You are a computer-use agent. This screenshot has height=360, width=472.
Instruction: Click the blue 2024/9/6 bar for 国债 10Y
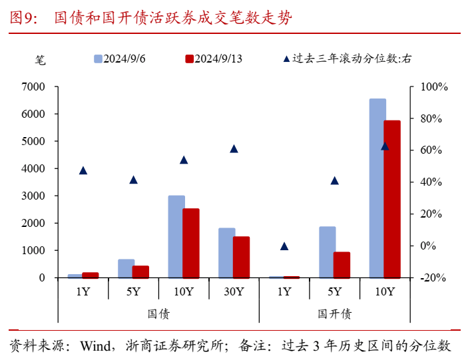coord(176,236)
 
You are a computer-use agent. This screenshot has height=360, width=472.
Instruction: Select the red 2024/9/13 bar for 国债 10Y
coord(191,243)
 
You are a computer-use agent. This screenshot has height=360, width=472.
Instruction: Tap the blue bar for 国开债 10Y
coord(377,188)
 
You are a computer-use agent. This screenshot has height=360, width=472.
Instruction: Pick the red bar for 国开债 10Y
coord(392,198)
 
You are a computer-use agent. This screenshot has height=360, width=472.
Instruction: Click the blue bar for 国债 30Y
coord(226,252)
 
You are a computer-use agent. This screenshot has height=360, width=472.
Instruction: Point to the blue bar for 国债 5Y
coord(126,268)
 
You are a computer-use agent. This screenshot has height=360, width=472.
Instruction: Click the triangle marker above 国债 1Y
coord(83,170)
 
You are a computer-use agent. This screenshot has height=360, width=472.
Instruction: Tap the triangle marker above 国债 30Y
coord(234,148)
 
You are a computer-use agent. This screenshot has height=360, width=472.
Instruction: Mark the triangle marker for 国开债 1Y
coord(284,246)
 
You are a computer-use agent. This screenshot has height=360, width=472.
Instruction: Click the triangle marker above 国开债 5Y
coord(335,180)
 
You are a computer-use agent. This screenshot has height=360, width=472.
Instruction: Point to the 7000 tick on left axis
coord(33,87)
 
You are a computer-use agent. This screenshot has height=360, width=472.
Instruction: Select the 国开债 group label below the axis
coord(334,313)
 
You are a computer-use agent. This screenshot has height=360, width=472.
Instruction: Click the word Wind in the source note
coord(93,346)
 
